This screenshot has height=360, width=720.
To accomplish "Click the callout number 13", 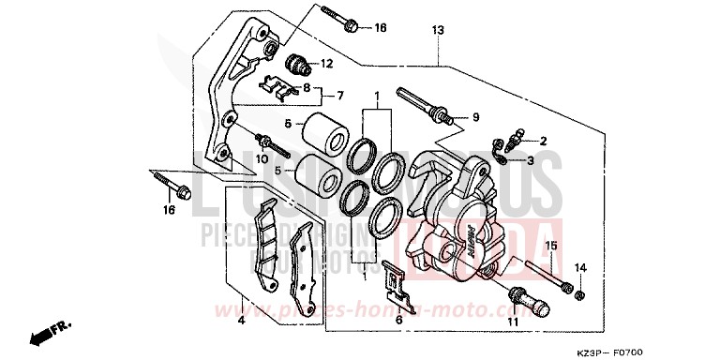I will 437,31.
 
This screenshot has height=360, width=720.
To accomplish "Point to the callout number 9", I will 475,117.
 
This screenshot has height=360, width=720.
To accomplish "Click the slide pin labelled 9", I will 427,105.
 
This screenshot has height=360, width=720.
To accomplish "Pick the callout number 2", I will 543,141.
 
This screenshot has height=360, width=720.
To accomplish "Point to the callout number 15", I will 552,246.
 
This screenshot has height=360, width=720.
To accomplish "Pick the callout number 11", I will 513,322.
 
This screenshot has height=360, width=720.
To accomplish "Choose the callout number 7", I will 340,95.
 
